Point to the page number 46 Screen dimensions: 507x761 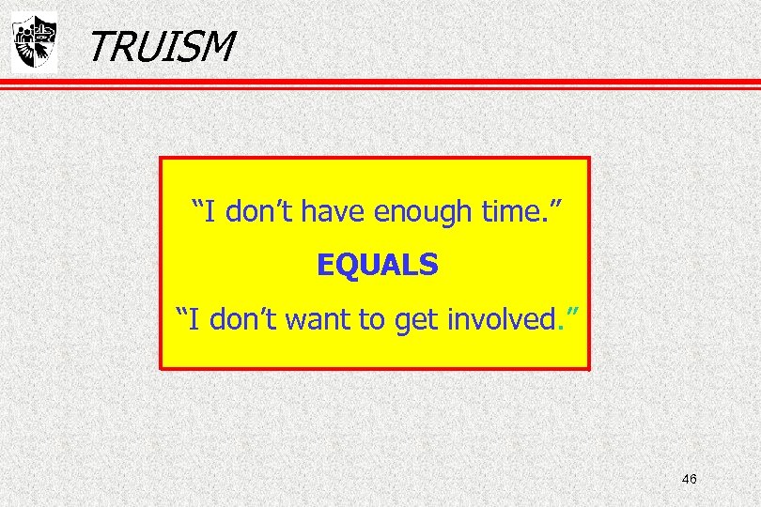(x=689, y=479)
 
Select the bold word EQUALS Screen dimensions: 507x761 (x=378, y=267)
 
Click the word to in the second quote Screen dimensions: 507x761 (x=373, y=321)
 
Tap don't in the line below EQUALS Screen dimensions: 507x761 (x=241, y=321)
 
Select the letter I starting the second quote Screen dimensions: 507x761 (x=194, y=321)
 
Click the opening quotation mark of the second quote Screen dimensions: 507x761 (x=183, y=314)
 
